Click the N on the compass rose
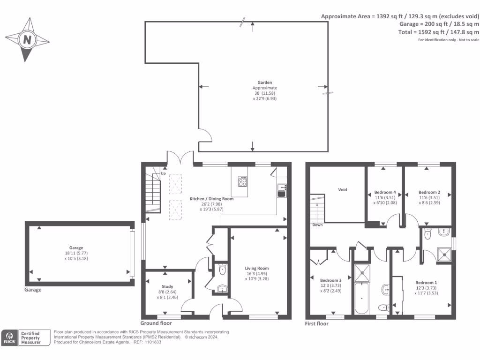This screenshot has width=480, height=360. click(x=27, y=40)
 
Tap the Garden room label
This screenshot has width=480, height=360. click(x=264, y=82)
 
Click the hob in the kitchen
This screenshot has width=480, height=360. click(x=242, y=181)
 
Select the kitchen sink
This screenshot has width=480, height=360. click(x=282, y=190)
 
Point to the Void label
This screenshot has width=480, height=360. click(x=343, y=190)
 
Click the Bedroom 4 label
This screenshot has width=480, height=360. click(x=385, y=192)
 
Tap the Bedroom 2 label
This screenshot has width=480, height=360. click(x=429, y=192)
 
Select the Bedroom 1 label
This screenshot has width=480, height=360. click(x=426, y=283)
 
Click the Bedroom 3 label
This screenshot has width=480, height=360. click(x=330, y=280)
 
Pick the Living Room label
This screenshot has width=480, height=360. click(x=257, y=268)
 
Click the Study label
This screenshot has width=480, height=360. click(x=167, y=286)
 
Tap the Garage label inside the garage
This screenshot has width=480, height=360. click(x=76, y=247)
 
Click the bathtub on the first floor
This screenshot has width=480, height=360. click(x=361, y=298)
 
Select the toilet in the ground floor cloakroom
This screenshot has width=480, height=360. click(x=223, y=270)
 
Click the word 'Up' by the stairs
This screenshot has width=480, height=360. click(x=163, y=173)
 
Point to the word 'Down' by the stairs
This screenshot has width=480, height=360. click(x=317, y=225)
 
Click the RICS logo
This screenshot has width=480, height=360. click(x=9, y=337)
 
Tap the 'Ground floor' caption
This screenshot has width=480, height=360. click(x=156, y=323)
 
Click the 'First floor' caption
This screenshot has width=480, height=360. click(x=316, y=323)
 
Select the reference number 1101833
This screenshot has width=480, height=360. click(x=153, y=342)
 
